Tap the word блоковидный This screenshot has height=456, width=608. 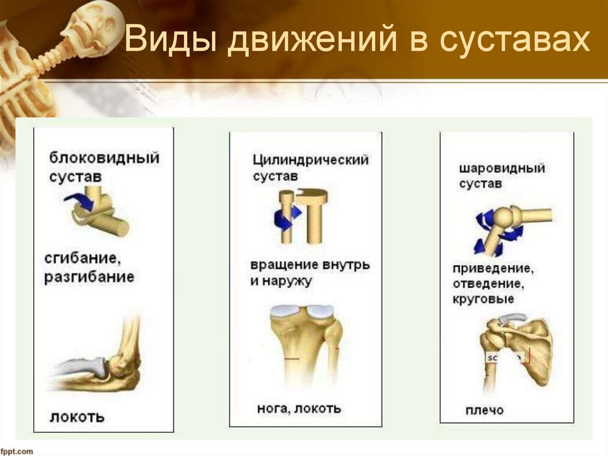pyautogui.click(x=104, y=159)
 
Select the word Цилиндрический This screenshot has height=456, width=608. pyautogui.click(x=311, y=160)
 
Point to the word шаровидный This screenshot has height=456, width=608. pyautogui.click(x=502, y=168)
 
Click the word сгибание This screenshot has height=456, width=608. pyautogui.click(x=82, y=259)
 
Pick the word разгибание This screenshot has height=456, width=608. pyautogui.click(x=89, y=277)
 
